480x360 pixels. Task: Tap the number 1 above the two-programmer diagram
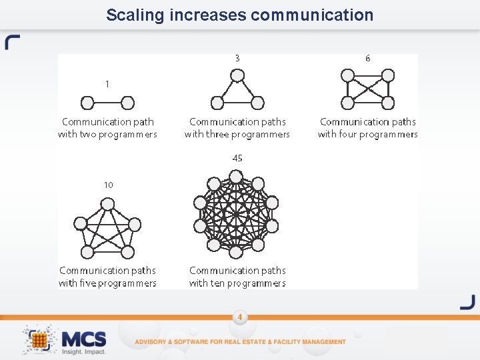[x=107, y=84]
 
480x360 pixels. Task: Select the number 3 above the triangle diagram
[x=237, y=58]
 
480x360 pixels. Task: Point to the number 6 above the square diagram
[x=367, y=58]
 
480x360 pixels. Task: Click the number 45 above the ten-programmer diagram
[x=237, y=158]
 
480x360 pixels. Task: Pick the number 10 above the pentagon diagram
[x=108, y=185]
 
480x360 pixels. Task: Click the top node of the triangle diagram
[x=237, y=76]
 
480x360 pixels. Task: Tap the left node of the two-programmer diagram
[x=87, y=103]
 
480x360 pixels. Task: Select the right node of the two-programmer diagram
[x=127, y=103]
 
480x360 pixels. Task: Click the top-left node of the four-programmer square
[x=347, y=75]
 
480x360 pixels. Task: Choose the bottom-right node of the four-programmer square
[x=387, y=103]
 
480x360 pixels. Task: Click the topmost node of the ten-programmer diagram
[x=236, y=177]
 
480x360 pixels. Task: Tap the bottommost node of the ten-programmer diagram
[x=236, y=251]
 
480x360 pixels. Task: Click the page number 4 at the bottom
[x=239, y=317]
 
